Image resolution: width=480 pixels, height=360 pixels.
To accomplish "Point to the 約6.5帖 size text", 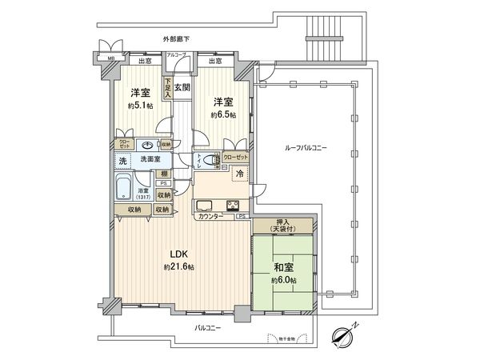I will coord(223,114).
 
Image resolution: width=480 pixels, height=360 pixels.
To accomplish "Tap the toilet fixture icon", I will coord(210,160).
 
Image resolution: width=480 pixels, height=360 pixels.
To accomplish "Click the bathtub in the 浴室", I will coord(124,189).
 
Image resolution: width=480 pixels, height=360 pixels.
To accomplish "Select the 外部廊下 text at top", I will coord(177,39).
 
